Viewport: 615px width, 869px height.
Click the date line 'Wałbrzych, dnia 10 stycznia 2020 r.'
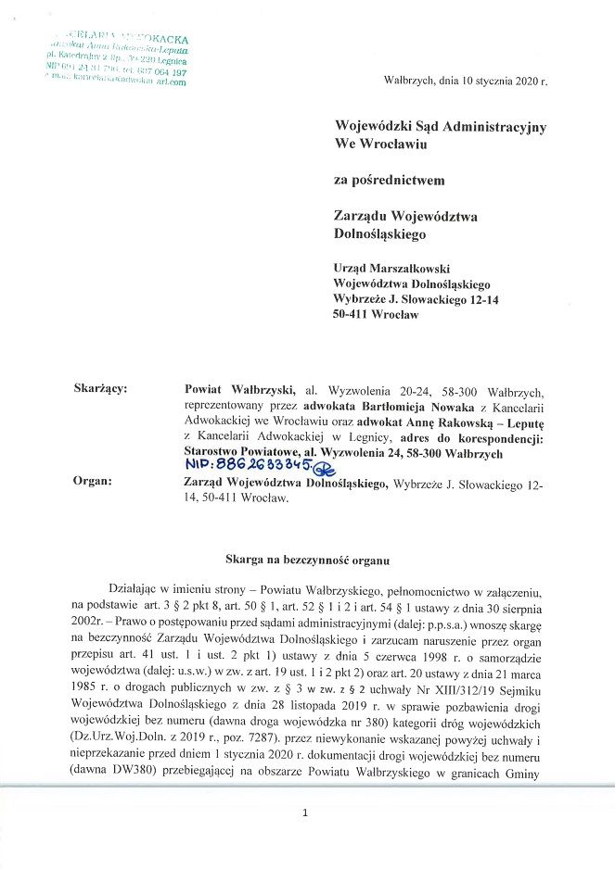point(466,81)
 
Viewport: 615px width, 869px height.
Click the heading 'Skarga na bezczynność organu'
point(307,560)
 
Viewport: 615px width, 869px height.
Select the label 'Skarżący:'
point(100,389)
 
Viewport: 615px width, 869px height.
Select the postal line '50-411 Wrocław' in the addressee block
point(376,315)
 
